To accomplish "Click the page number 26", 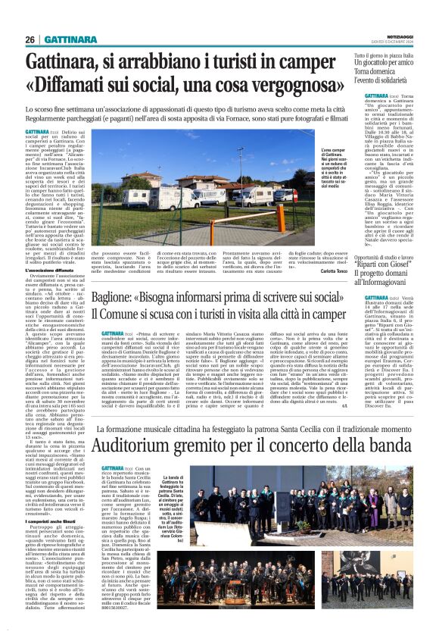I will coord(30,39).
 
